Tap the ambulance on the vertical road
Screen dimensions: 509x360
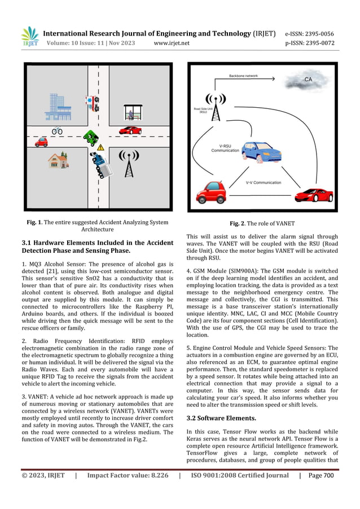(91, 103)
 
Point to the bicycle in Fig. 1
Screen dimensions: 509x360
(57, 131)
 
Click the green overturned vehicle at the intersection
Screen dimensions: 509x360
(90, 137)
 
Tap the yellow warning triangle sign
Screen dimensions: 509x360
(100, 147)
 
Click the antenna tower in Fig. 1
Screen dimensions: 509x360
(129, 162)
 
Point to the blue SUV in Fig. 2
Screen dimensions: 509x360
(261, 151)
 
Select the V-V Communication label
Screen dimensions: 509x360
(264, 183)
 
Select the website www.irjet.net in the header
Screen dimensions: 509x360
(172, 43)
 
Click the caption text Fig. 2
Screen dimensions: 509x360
(261, 223)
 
